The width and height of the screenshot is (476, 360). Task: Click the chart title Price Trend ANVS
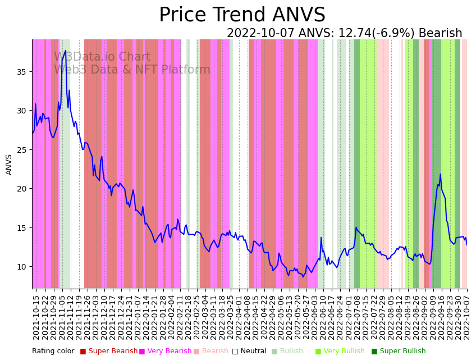[x=242, y=15]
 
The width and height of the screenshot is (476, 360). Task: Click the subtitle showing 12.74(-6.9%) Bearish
[x=344, y=34]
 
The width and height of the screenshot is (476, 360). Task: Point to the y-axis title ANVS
[x=9, y=165]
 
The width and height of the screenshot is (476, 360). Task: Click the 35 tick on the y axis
[x=22, y=72]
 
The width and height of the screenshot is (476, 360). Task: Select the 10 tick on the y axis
[x=22, y=266]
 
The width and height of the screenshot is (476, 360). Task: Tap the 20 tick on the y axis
[x=22, y=189]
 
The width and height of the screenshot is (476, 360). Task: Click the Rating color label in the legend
[x=53, y=352]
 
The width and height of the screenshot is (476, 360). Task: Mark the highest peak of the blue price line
[x=66, y=51]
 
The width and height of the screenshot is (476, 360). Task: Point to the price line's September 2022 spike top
[x=440, y=174]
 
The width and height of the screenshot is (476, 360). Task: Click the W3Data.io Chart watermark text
[x=102, y=57]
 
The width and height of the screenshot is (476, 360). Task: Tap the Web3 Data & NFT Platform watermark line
[x=132, y=70]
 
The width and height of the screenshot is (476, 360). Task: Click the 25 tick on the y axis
[x=22, y=150]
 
